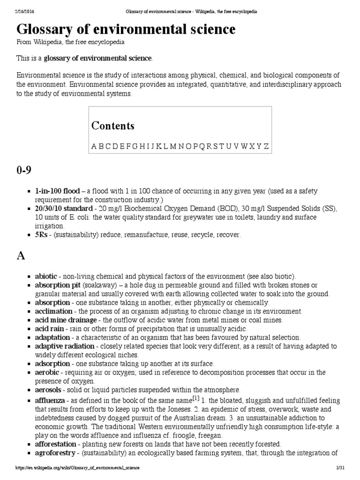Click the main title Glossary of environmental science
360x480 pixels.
click(x=126, y=30)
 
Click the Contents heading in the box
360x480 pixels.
click(x=113, y=126)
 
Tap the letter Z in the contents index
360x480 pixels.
click(x=266, y=146)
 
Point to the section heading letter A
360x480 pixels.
click(x=21, y=255)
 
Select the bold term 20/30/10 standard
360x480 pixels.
click(x=64, y=208)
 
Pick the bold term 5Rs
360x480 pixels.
click(x=42, y=234)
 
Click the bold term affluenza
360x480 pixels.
click(x=50, y=400)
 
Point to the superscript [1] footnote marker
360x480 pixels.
click(x=195, y=398)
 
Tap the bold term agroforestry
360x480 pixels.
click(x=55, y=452)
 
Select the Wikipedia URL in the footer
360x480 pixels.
click(x=77, y=468)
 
